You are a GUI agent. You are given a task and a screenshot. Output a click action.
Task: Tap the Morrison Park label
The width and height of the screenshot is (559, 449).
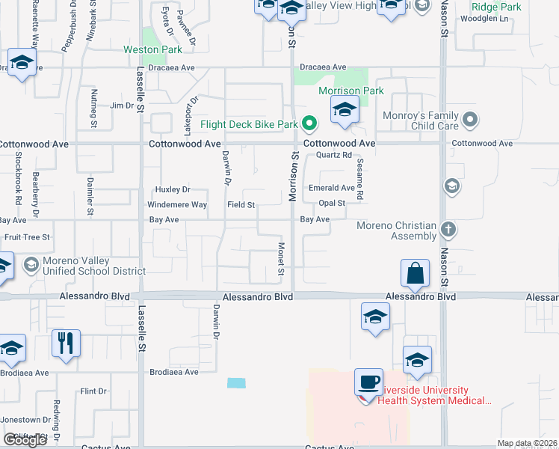(350, 91)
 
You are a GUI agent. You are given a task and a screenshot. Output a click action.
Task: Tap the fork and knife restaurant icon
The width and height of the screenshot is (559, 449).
(66, 343)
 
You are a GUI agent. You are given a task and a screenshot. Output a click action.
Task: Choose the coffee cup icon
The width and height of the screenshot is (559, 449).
(368, 382)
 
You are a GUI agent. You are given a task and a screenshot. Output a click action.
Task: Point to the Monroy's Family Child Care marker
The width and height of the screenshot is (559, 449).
(470, 119)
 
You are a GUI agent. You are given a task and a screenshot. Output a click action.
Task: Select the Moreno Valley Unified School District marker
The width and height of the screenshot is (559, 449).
(31, 264)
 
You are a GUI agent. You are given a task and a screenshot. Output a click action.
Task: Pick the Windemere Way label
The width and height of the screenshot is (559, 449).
(179, 204)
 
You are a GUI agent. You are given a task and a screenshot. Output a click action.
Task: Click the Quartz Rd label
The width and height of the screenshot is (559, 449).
(333, 155)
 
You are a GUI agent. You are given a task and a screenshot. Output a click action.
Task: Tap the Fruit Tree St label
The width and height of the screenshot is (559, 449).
(27, 236)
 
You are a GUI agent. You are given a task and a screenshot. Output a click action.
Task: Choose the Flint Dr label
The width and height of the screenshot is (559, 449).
(93, 391)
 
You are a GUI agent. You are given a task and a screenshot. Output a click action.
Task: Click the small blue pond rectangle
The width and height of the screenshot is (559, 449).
(236, 383)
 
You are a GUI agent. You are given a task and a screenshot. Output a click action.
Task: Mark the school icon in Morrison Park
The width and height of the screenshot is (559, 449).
(344, 111)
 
